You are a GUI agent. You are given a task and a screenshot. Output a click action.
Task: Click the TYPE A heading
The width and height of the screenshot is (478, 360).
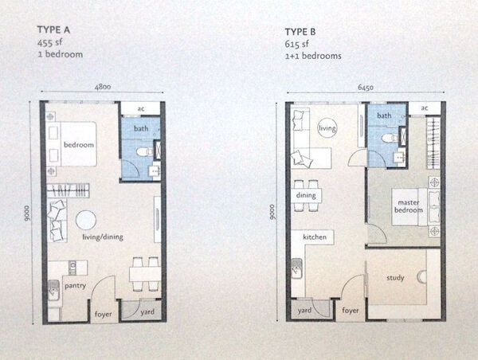[53, 29]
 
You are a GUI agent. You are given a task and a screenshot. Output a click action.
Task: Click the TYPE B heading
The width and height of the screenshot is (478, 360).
[300, 32]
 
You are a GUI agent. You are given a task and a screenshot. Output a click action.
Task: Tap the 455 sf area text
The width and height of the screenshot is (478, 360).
[49, 42]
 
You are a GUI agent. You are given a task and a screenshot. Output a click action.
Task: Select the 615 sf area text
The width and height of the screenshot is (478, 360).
[296, 44]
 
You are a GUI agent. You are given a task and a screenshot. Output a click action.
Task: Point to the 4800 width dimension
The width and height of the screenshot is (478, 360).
[103, 87]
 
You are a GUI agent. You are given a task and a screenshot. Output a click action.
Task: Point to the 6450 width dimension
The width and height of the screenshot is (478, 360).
[366, 88]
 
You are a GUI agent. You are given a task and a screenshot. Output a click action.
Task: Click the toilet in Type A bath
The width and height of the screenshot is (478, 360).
[144, 151]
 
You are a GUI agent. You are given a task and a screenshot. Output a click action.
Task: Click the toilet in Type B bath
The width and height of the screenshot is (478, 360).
[390, 139]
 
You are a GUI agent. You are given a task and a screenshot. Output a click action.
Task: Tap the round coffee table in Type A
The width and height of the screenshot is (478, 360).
[86, 220]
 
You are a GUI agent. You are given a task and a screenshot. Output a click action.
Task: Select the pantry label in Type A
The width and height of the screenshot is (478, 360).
[76, 286]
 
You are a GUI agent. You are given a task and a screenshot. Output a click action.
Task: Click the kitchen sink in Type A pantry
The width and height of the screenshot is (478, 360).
[53, 290]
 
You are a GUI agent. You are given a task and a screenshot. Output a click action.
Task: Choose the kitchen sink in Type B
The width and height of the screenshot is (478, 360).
[296, 268]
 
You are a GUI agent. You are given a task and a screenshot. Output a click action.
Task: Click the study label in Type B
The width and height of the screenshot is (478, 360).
[395, 278]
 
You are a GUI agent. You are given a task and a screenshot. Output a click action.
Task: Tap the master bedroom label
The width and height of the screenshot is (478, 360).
[409, 206]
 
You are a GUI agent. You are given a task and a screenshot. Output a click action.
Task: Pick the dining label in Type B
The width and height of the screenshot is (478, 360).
[306, 195]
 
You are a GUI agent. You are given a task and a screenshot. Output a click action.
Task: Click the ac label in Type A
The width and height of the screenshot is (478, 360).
[141, 108]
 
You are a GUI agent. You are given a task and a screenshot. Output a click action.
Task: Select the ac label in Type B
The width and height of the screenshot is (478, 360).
[425, 108]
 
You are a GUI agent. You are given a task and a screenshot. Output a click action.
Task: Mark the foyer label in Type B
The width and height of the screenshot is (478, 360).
[351, 311]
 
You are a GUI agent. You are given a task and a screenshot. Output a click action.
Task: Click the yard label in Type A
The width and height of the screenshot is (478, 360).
[147, 312]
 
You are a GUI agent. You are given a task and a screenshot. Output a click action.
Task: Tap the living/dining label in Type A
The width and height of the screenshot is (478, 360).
[103, 237]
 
